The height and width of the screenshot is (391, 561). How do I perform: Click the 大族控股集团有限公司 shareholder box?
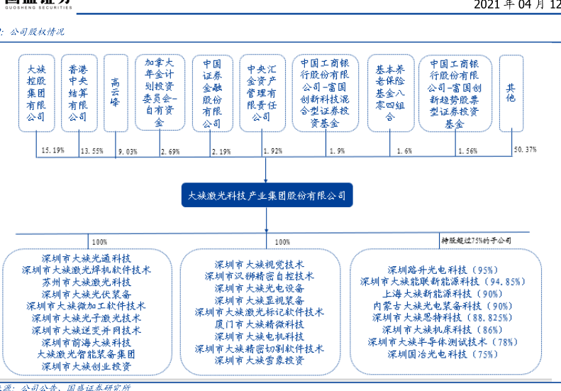click(36, 93)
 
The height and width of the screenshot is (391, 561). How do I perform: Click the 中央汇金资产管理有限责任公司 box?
click(260, 93)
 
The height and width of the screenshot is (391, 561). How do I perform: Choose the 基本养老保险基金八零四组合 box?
click(390, 93)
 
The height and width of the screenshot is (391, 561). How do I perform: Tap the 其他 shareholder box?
click(511, 93)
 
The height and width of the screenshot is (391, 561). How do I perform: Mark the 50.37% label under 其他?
click(524, 150)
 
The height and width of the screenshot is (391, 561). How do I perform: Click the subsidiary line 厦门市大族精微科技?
click(259, 324)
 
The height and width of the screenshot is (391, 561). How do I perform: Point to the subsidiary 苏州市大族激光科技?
click(87, 282)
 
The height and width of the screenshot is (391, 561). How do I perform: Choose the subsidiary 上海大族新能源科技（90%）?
click(441, 293)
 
